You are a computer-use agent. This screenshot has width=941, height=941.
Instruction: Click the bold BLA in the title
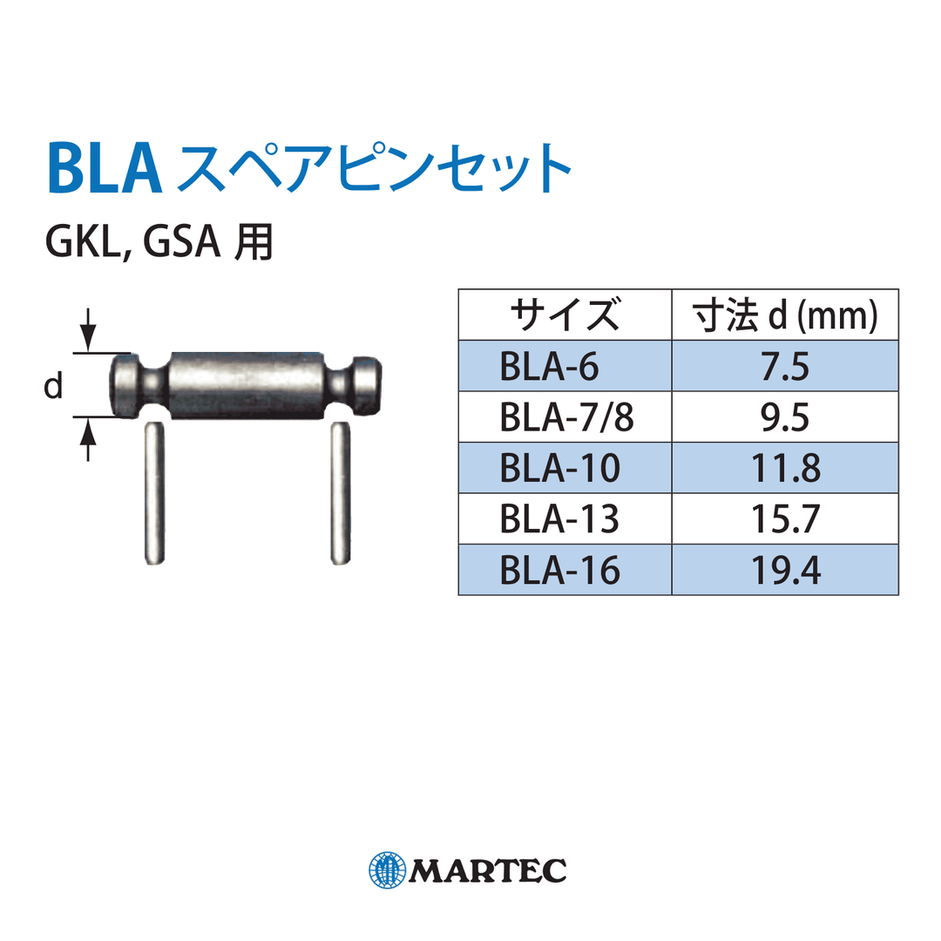pyautogui.click(x=105, y=168)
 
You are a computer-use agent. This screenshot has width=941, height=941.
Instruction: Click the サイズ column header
pyautogui.click(x=565, y=315)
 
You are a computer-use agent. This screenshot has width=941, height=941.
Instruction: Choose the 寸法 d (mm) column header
pyautogui.click(x=784, y=315)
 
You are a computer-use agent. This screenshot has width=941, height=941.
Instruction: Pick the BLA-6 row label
pyautogui.click(x=549, y=367)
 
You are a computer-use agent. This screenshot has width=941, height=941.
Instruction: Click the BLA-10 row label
pyautogui.click(x=559, y=468)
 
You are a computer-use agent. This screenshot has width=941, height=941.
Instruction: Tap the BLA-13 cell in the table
pyautogui.click(x=559, y=519)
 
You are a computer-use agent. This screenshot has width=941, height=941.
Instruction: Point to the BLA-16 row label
pyautogui.click(x=559, y=570)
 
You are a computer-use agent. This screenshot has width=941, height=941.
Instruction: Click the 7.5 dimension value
pyautogui.click(x=784, y=367)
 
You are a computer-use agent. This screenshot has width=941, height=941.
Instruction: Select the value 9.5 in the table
pyautogui.click(x=784, y=417)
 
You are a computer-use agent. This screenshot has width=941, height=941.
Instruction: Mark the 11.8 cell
pyautogui.click(x=784, y=468)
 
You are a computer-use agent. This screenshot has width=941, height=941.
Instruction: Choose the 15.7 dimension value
pyautogui.click(x=784, y=519)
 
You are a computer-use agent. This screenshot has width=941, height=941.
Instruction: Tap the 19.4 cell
pyautogui.click(x=784, y=570)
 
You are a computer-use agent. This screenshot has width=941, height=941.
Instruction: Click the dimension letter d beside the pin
pyautogui.click(x=54, y=388)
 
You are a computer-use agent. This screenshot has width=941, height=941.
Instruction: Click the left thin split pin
pyautogui.click(x=151, y=492)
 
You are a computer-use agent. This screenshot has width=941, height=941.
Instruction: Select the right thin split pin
pyautogui.click(x=340, y=492)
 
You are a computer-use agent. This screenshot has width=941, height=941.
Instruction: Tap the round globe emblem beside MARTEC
pyautogui.click(x=387, y=869)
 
